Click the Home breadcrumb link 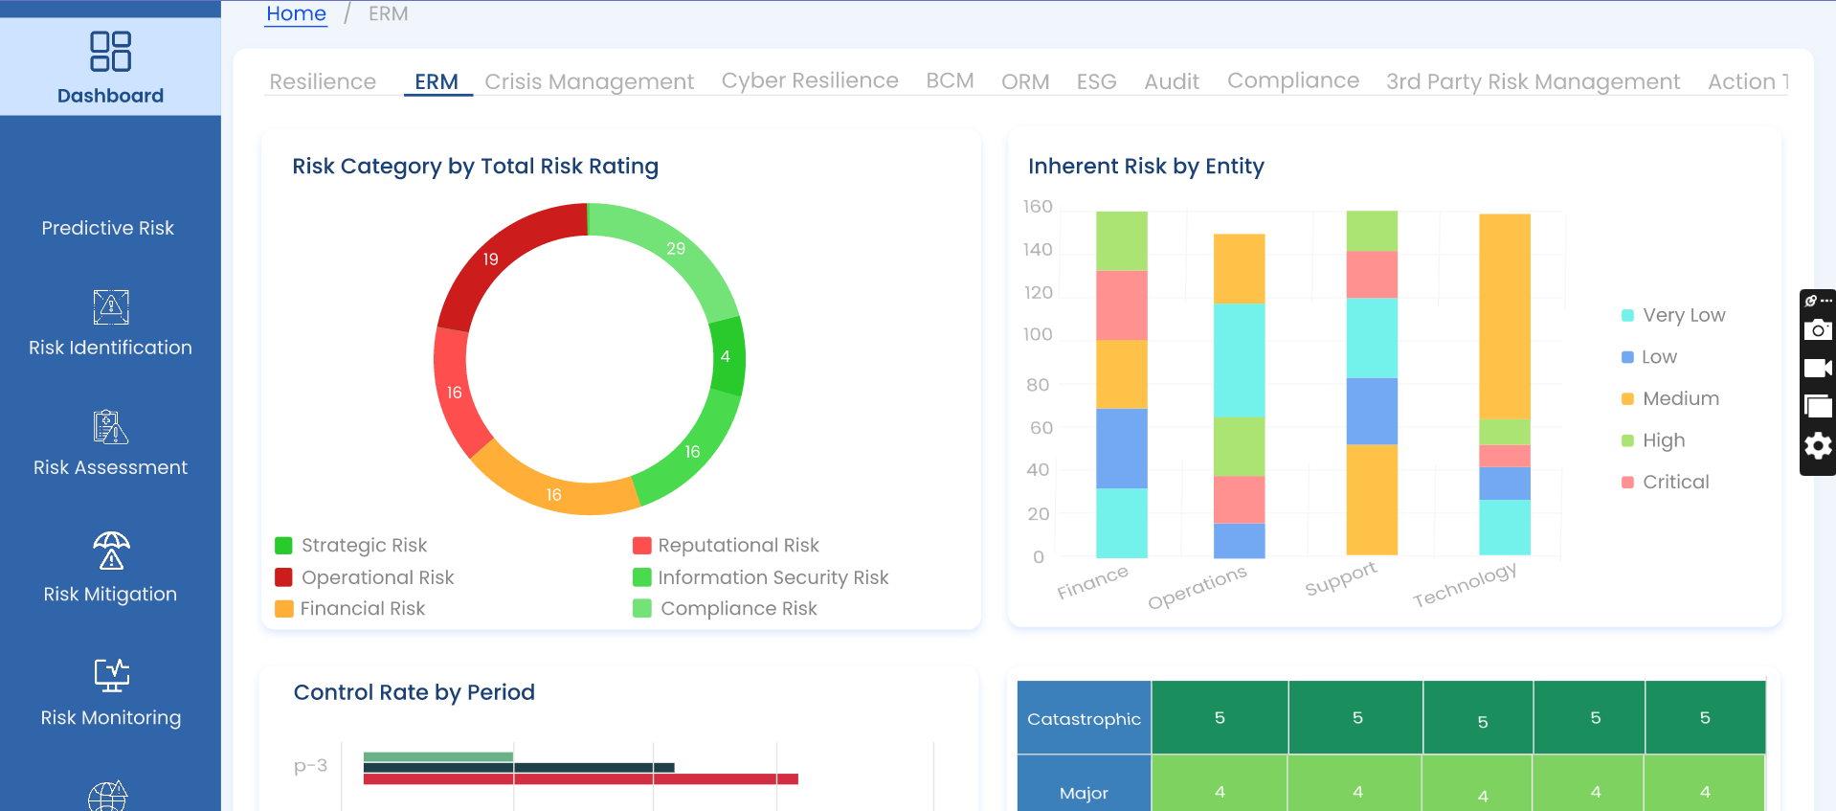296,14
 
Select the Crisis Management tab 589,81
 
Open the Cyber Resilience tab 810,80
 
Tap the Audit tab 1172,81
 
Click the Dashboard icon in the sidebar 110,52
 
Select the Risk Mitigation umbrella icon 111,552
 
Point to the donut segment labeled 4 726,356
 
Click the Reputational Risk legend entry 738,546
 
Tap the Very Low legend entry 1683,315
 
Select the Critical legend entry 1675,482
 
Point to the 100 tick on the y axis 1038,334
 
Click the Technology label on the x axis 1465,584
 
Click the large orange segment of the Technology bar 1504,316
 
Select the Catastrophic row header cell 1084,718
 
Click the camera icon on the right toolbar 1817,330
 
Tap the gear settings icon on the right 1817,445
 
